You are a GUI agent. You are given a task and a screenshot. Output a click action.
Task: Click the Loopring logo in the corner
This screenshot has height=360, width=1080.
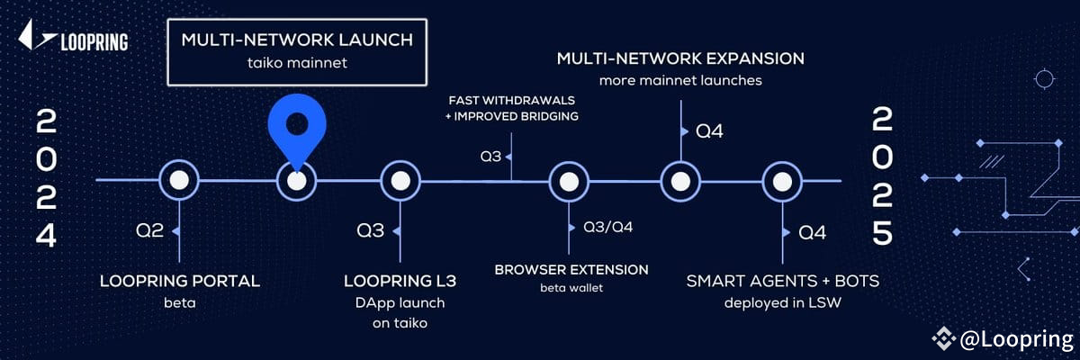(73, 40)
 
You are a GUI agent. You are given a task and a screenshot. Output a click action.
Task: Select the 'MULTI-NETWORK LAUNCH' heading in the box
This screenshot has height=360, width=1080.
(297, 40)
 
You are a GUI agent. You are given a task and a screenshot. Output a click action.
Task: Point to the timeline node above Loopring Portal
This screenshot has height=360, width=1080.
(178, 180)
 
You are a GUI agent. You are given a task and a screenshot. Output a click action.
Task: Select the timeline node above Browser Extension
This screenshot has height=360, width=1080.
(569, 180)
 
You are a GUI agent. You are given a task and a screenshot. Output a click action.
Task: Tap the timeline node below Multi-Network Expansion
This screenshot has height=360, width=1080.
(680, 180)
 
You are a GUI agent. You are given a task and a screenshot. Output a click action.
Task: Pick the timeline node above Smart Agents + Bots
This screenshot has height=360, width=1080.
(782, 180)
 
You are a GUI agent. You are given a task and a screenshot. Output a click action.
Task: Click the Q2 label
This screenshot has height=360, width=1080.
(149, 231)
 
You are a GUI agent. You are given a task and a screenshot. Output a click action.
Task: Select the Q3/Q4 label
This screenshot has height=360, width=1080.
(608, 226)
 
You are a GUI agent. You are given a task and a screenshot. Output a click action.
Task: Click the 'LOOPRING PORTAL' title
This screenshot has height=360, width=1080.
(180, 281)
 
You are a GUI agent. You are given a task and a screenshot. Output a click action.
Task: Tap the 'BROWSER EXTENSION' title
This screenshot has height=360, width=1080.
(571, 269)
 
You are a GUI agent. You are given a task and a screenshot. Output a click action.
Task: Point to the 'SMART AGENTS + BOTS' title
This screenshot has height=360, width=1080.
(783, 281)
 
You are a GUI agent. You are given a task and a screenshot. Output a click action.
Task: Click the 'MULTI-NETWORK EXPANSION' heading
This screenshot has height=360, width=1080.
(680, 59)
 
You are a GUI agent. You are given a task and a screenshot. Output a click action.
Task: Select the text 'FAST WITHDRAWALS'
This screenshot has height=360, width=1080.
(512, 99)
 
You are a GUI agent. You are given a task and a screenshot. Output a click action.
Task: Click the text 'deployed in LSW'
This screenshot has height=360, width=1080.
(783, 302)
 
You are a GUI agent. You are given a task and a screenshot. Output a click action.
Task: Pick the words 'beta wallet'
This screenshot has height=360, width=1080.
(571, 288)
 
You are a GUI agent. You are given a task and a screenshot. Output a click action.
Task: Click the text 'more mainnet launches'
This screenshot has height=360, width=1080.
(680, 81)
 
